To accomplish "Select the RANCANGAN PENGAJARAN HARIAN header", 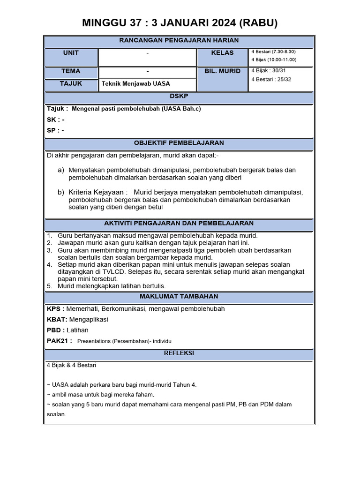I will coord(179,41).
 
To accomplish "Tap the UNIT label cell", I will coord(71,53).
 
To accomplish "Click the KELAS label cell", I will coord(222,53).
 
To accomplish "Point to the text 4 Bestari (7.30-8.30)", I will coord(273,52).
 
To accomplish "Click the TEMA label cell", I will coord(71,71).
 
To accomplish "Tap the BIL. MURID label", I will coord(222,71).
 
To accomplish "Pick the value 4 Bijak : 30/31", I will coord(268,70).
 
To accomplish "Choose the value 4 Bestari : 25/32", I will coord(271,79).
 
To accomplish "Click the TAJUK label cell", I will coord(71,83).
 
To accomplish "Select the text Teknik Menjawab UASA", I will coord(136,84).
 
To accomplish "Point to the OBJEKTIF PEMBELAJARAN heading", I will coord(179,143).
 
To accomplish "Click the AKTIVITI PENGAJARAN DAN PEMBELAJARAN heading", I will coord(179,224).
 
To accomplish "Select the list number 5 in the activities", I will coord(49,286).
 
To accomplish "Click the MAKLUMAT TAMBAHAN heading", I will coord(179,297).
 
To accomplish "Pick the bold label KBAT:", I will coord(57,319).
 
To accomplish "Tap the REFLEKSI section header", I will coord(179,353).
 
